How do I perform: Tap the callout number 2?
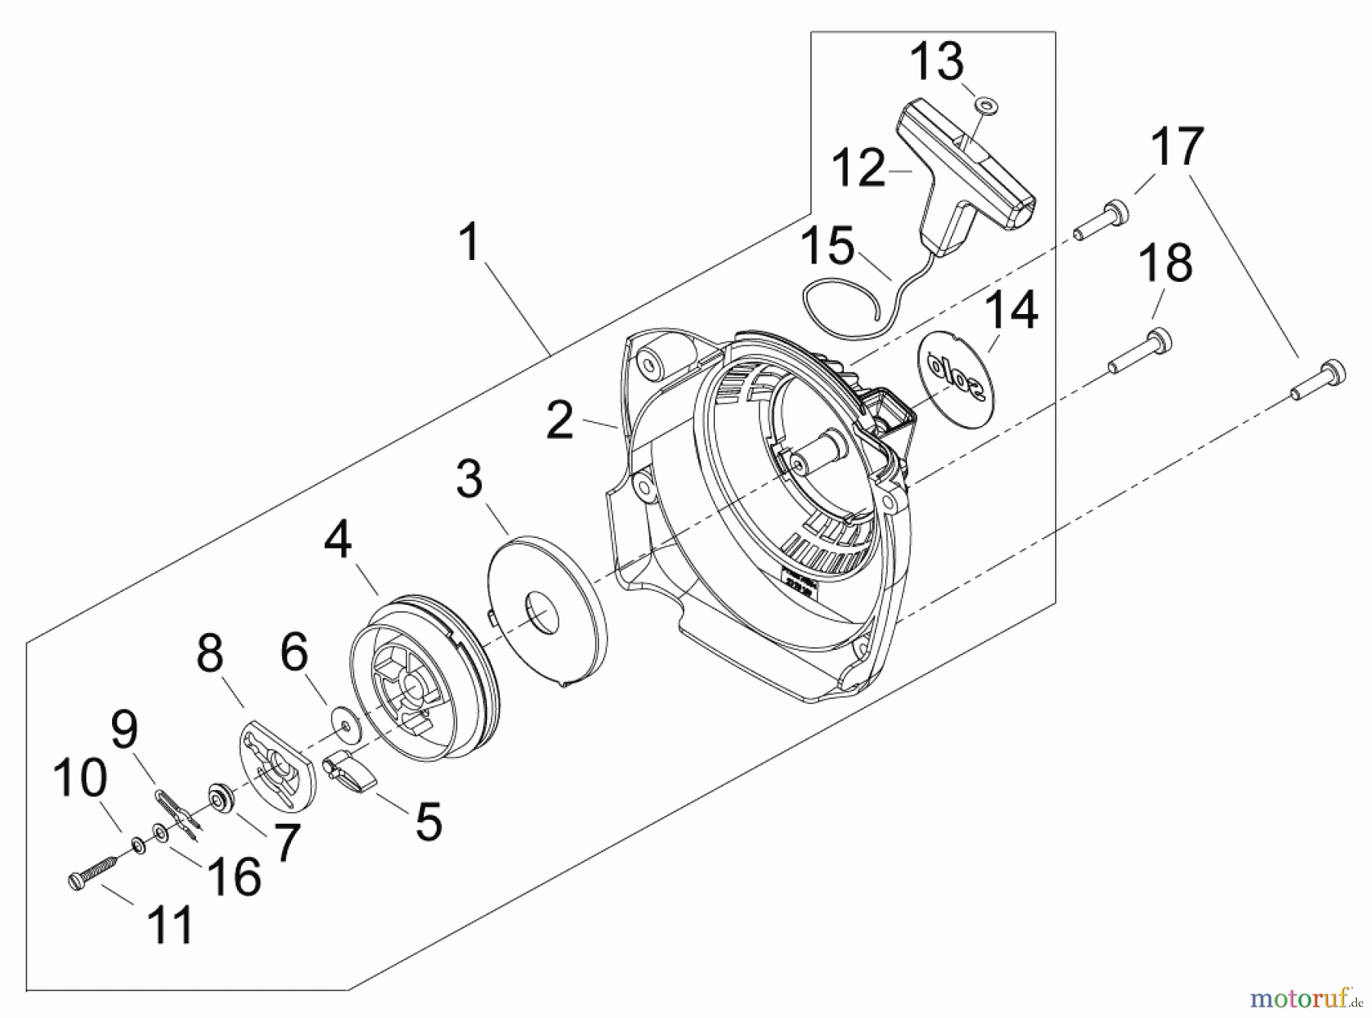560,420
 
